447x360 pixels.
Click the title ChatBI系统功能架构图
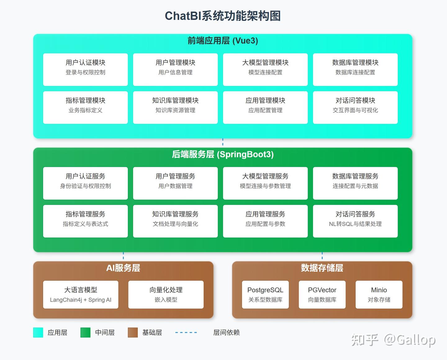coord(223,16)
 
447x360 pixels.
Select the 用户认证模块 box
coord(85,70)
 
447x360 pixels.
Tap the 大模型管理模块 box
coord(265,70)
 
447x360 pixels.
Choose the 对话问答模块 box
coord(355,107)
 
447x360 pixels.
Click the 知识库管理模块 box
coord(175,107)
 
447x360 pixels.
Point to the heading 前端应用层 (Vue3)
coord(223,41)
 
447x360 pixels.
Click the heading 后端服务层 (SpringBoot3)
coord(223,154)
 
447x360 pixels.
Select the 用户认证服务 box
coord(85,183)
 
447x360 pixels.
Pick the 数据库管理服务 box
coord(355,183)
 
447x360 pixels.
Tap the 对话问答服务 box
coord(355,221)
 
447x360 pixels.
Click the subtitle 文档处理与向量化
coord(175,224)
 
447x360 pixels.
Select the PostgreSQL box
coord(265,294)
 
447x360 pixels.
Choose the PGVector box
coord(322,294)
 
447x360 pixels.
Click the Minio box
coord(379,294)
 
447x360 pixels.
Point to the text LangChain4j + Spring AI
coord(81,300)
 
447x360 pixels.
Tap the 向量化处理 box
coord(166,294)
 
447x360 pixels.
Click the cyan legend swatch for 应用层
coord(38,332)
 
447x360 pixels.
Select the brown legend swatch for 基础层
coord(133,332)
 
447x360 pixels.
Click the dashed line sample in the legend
coord(186,332)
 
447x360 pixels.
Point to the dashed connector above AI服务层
coord(123,256)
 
